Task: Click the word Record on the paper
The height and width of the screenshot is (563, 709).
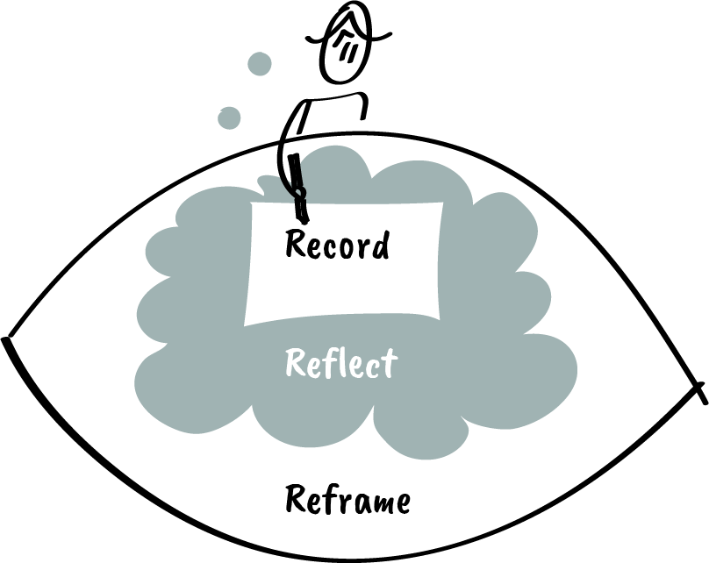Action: point(337,245)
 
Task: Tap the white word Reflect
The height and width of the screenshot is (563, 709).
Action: point(341,362)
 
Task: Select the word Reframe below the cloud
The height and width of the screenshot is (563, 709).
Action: point(347,501)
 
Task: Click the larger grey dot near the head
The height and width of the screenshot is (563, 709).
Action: point(260,63)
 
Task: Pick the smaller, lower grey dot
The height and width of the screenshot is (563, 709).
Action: point(229,117)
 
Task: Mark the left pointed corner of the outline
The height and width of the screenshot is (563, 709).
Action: point(7,339)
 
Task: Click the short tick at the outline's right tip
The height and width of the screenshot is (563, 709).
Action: point(701,390)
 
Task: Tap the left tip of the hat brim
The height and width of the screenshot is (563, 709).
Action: point(308,39)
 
